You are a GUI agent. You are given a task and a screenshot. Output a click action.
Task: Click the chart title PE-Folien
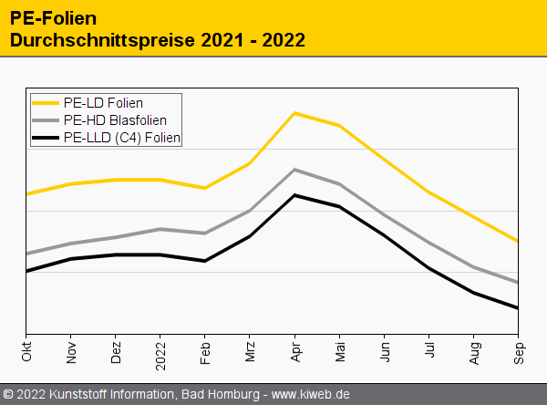[54, 18]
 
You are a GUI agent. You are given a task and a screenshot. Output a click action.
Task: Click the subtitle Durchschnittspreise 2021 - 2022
[157, 40]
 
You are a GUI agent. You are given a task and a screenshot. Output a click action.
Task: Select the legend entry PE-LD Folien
[103, 103]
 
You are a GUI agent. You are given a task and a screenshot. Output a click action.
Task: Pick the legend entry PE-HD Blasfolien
[115, 120]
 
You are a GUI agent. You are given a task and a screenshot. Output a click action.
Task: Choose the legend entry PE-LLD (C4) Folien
[122, 138]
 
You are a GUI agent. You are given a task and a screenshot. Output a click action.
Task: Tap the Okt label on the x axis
[26, 351]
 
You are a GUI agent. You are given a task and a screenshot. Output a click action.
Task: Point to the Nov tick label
[71, 351]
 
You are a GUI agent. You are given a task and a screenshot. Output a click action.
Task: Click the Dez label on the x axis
[116, 351]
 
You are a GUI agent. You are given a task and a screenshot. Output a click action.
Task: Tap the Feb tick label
[205, 351]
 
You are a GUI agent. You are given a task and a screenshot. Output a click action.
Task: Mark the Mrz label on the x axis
[250, 351]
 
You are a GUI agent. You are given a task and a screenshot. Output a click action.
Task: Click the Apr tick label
[294, 351]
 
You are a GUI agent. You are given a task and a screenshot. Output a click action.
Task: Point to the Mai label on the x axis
[339, 351]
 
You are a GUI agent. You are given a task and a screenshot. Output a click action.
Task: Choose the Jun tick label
[384, 351]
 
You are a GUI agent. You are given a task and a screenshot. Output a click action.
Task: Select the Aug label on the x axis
[473, 351]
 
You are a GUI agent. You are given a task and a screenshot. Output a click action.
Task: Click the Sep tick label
[518, 351]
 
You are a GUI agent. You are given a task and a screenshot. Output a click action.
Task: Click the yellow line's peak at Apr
[294, 113]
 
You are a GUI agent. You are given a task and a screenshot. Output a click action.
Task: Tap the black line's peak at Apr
[294, 195]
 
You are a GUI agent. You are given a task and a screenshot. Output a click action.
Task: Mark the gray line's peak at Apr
[294, 170]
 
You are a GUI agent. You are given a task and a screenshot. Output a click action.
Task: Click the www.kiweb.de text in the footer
[311, 394]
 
